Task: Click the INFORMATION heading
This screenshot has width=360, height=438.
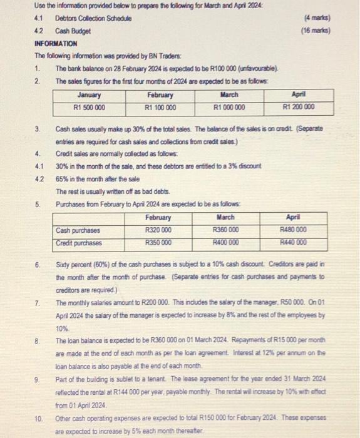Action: pyautogui.click(x=56, y=44)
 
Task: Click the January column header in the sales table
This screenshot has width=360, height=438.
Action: pyautogui.click(x=90, y=95)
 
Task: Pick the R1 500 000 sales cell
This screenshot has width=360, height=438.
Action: pyautogui.click(x=90, y=107)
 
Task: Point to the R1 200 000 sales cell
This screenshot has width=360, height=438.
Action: pyautogui.click(x=298, y=107)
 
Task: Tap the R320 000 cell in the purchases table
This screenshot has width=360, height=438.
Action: pyautogui.click(x=159, y=230)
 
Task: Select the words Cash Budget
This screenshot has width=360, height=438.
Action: pyautogui.click(x=73, y=31)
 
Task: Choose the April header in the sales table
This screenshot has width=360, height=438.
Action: pyautogui.click(x=298, y=95)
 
